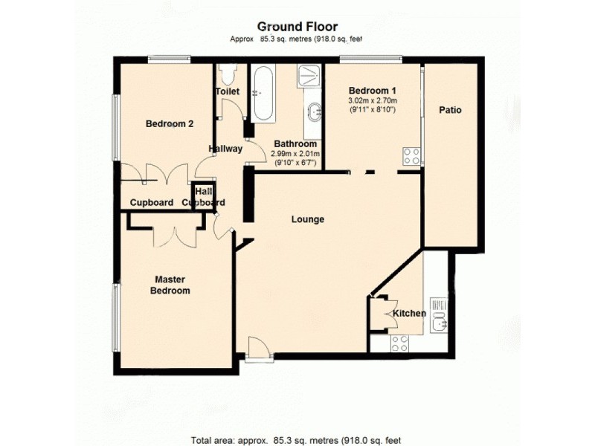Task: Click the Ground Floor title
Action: tap(297, 27)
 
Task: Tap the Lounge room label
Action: tap(307, 219)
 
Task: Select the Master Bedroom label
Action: tap(170, 285)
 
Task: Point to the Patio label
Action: tap(449, 110)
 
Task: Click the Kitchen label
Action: tap(409, 313)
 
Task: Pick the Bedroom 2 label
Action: tap(169, 124)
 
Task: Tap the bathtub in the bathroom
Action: tap(263, 95)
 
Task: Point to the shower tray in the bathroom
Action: tap(308, 77)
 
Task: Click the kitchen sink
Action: tap(439, 314)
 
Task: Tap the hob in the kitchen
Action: tap(399, 343)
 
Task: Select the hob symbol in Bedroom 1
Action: tap(411, 156)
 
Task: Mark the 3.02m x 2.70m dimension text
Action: tap(373, 100)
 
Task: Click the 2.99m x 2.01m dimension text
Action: tap(296, 154)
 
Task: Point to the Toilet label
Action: tap(228, 91)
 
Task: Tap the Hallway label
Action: tap(225, 149)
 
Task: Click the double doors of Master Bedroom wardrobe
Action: tap(175, 234)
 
